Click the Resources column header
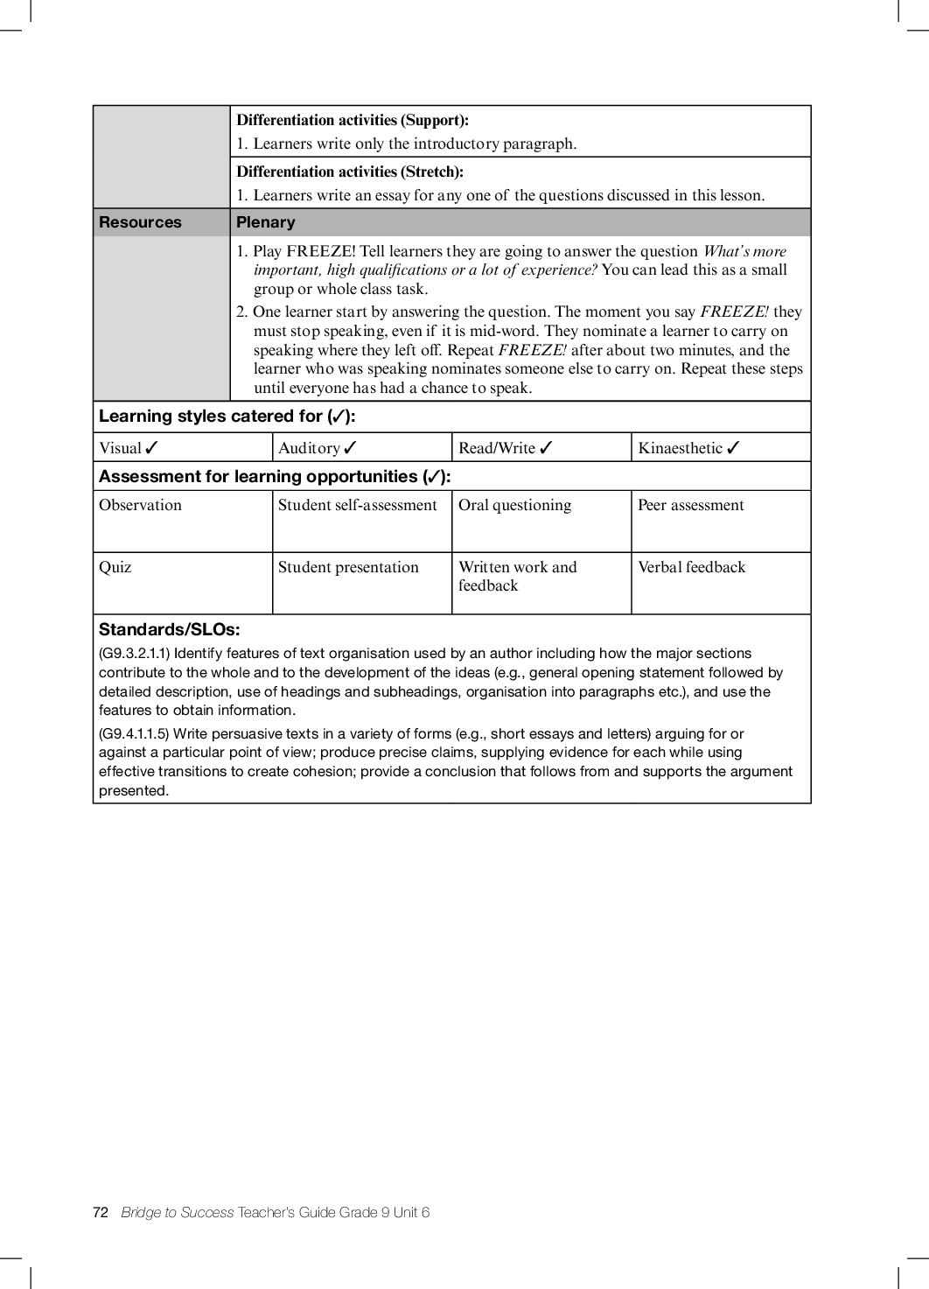[x=140, y=222]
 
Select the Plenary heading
[x=266, y=222]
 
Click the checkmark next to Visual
[x=151, y=448]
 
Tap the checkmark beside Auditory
[x=350, y=448]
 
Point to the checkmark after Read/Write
[x=546, y=448]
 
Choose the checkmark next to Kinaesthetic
[x=733, y=448]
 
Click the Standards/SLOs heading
[x=169, y=629]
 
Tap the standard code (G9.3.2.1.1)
[x=134, y=654]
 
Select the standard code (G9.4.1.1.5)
[x=134, y=733]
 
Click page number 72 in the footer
[x=101, y=1212]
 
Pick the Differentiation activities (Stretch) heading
[x=350, y=172]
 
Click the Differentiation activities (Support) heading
[x=353, y=120]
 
